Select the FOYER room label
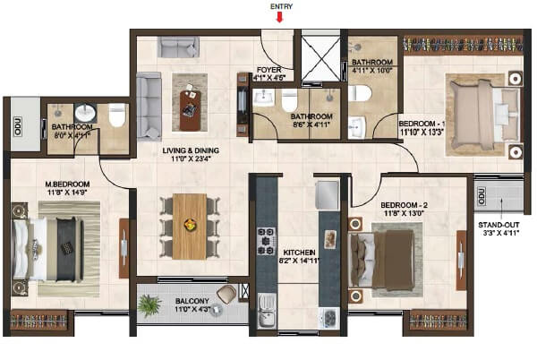tap(269, 67)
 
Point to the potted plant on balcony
tap(150, 306)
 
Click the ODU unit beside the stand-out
tap(482, 195)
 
